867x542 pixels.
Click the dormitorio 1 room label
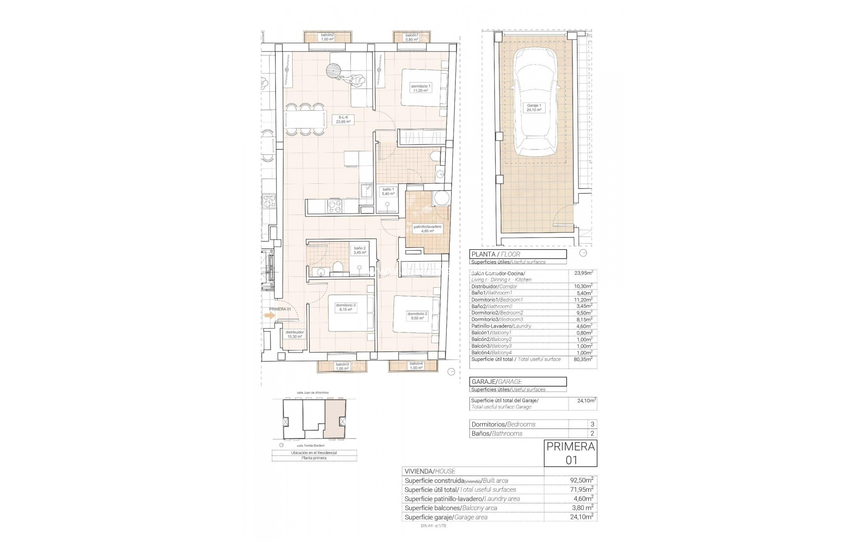pyautogui.click(x=420, y=88)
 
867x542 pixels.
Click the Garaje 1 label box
pyautogui.click(x=534, y=107)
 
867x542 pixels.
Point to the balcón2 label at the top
pyautogui.click(x=327, y=37)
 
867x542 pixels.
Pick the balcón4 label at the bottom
pyautogui.click(x=416, y=366)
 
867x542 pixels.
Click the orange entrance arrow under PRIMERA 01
pyautogui.click(x=270, y=316)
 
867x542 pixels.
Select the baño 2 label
pyautogui.click(x=359, y=250)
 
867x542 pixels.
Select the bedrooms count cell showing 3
pyautogui.click(x=592, y=424)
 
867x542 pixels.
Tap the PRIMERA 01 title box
pyautogui.click(x=571, y=453)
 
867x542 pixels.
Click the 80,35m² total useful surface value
pyautogui.click(x=583, y=360)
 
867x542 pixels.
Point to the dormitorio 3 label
pyautogui.click(x=345, y=308)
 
